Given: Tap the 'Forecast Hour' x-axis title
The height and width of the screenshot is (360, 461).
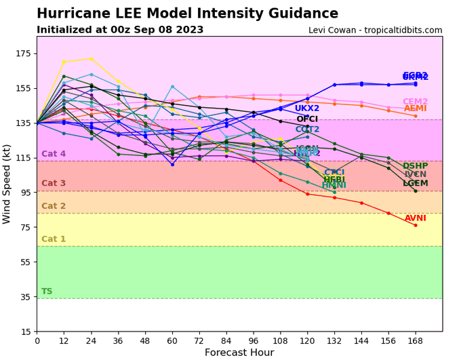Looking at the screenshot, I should (239, 353).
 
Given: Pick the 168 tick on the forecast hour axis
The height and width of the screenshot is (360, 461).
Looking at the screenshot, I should (416, 340).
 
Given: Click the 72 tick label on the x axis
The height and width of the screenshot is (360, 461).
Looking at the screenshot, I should (199, 340).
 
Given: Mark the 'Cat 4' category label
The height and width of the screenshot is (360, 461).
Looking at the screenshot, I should (54, 154).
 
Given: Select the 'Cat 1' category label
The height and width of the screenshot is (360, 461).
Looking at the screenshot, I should (54, 239).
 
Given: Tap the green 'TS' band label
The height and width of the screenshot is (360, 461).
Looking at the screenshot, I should (47, 292).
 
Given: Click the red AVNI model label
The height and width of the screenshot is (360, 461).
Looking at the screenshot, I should (416, 218).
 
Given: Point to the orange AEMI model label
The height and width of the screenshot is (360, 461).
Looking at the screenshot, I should (416, 108).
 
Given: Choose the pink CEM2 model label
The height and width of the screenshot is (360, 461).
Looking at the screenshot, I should (416, 102).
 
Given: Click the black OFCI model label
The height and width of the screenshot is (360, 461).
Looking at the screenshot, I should (307, 119).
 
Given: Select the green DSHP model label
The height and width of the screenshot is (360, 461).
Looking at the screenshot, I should (416, 166).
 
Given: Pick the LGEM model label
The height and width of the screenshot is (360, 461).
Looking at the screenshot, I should (416, 183).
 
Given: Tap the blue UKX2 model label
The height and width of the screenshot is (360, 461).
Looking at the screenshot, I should (307, 108).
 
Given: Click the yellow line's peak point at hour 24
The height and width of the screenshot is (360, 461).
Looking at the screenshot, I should (91, 59).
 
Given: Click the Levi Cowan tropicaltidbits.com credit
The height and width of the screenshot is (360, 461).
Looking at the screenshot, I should (375, 31).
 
